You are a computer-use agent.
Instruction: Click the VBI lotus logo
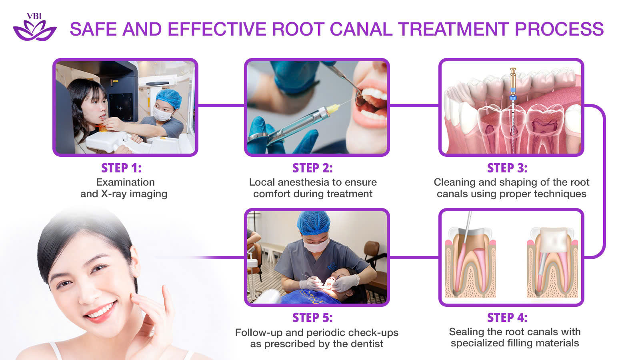34,28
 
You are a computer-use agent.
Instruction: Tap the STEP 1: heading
121,168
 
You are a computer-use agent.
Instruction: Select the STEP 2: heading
312,168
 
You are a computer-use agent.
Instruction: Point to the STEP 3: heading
507,168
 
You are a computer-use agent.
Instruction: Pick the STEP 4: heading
507,318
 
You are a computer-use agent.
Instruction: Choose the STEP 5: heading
312,318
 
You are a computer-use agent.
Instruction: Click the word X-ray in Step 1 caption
117,194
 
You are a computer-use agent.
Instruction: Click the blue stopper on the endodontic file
513,98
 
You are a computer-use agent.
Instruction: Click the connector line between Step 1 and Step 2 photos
221,106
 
